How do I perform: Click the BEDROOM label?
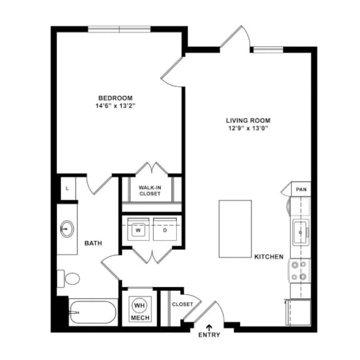point(116,97)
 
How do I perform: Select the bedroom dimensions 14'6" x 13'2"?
point(116,106)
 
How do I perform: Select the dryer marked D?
point(166,229)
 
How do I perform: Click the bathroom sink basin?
point(67,229)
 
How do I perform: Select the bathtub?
point(92,312)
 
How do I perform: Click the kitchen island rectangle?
point(235,228)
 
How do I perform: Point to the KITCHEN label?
point(269,257)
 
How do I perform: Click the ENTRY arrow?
point(209,326)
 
